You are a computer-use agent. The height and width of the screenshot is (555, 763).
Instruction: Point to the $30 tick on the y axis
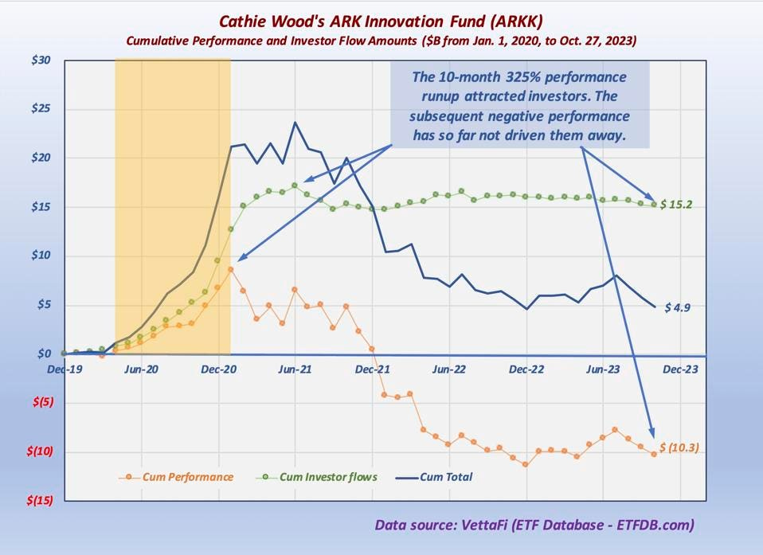[41, 60]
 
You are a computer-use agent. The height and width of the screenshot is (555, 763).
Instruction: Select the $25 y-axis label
[41, 108]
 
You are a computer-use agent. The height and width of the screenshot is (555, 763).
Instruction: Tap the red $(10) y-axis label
[39, 451]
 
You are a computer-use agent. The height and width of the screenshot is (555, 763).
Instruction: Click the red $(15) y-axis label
[39, 500]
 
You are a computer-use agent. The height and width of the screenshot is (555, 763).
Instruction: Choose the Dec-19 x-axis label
[64, 369]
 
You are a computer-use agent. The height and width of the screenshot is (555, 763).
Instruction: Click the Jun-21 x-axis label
[295, 369]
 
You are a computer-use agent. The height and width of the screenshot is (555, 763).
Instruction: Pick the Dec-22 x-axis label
[526, 369]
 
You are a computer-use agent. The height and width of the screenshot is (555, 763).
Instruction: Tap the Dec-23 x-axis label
[680, 369]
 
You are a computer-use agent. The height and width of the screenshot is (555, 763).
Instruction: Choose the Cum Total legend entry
[445, 477]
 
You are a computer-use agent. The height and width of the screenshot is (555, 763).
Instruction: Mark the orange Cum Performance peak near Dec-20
[230, 269]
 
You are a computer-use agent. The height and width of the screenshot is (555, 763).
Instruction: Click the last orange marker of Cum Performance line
[654, 454]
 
